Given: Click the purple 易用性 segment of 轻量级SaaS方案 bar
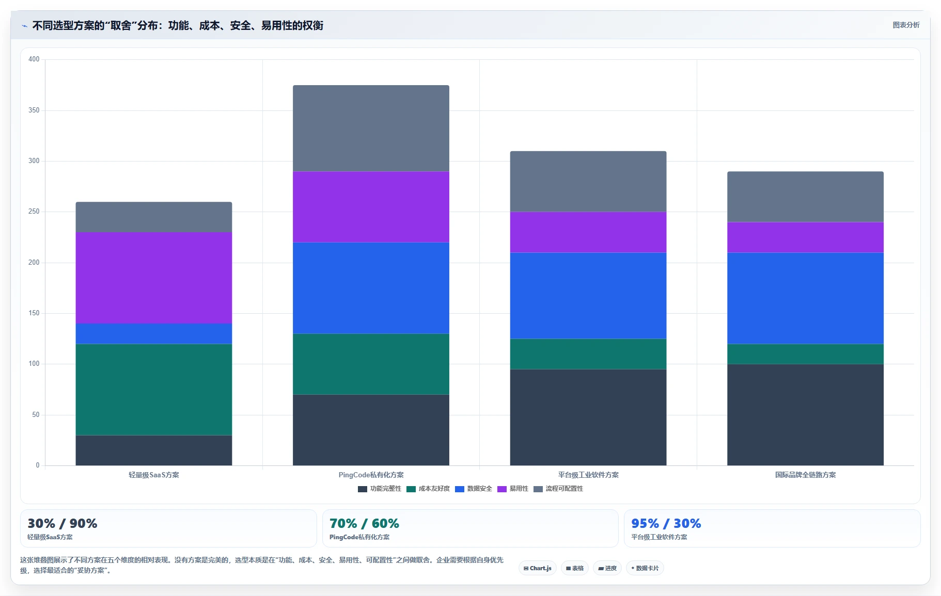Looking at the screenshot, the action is [154, 278].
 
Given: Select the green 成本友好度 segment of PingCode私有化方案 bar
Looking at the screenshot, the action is [371, 364].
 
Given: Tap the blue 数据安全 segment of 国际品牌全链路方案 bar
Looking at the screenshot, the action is [805, 298].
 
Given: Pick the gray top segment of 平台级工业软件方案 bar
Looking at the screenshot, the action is [588, 181].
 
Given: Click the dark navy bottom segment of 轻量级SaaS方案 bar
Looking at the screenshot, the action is [154, 450].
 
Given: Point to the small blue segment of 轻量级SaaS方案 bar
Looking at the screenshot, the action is [154, 333].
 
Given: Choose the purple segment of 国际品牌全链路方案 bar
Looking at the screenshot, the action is [805, 237].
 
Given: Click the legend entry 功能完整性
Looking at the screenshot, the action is [380, 489].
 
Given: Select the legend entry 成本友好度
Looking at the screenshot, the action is [428, 489].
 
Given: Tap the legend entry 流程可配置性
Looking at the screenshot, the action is [558, 489].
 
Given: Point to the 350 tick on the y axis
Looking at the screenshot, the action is [34, 110].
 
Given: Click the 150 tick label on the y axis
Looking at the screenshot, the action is [34, 313].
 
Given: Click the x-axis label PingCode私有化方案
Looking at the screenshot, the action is [371, 475].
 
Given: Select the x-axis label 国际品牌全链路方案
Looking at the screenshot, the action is [805, 475].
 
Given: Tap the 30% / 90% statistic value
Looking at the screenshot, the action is [62, 523].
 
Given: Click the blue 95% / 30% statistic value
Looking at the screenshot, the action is [666, 523].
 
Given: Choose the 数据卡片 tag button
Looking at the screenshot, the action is [645, 568].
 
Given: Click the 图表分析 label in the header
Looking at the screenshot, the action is [906, 25].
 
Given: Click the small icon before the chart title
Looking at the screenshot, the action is [25, 26].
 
